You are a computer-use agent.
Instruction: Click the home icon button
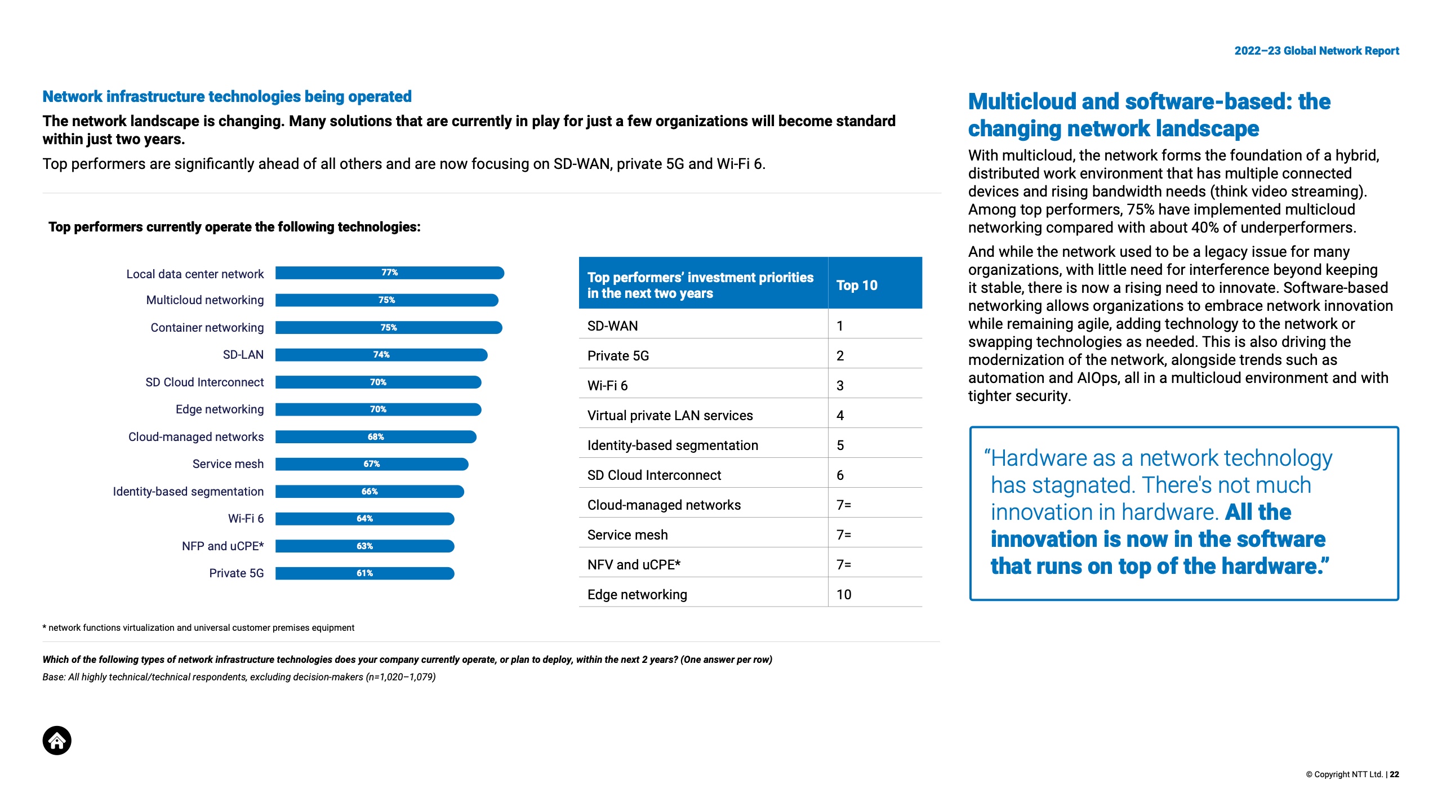pyautogui.click(x=57, y=741)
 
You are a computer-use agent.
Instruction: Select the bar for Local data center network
pyautogui.click(x=389, y=273)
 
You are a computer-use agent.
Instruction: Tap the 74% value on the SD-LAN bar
pyautogui.click(x=381, y=355)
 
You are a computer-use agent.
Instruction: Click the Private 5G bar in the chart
pyautogui.click(x=364, y=573)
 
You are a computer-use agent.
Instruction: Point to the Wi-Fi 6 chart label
pyautogui.click(x=246, y=519)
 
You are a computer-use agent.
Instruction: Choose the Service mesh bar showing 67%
pyautogui.click(x=372, y=464)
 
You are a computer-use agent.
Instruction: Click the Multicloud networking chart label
pyautogui.click(x=205, y=300)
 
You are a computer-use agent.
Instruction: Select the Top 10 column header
pyautogui.click(x=857, y=286)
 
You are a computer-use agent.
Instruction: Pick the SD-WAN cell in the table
pyautogui.click(x=613, y=326)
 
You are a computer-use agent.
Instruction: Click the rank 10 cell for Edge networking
pyautogui.click(x=844, y=595)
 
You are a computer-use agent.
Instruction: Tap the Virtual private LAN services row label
pyautogui.click(x=670, y=416)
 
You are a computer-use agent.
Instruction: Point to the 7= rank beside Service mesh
pyautogui.click(x=844, y=535)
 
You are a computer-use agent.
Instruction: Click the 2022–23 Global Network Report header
pyautogui.click(x=1316, y=51)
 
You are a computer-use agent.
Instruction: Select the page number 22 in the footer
pyautogui.click(x=1395, y=774)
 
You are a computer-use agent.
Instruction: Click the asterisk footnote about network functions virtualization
pyautogui.click(x=198, y=628)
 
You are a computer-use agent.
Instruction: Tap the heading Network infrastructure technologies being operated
pyautogui.click(x=227, y=97)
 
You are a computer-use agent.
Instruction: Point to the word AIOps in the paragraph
pyautogui.click(x=1097, y=378)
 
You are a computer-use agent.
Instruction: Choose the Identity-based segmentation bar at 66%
pyautogui.click(x=370, y=492)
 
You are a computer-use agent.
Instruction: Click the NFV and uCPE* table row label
pyautogui.click(x=634, y=565)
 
